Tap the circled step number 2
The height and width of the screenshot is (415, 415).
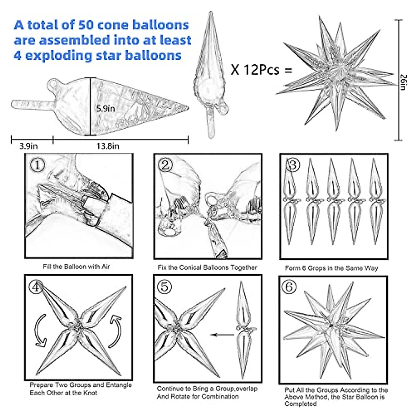click(x=165, y=165)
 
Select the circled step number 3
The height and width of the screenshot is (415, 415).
click(x=292, y=165)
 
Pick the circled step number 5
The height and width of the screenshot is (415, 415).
click(x=165, y=287)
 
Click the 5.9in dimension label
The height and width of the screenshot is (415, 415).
click(x=105, y=108)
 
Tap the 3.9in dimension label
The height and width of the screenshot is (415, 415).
click(x=28, y=146)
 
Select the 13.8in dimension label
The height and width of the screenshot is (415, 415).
click(x=108, y=146)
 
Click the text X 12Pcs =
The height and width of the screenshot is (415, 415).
click(x=261, y=70)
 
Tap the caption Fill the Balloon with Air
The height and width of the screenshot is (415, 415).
click(x=76, y=267)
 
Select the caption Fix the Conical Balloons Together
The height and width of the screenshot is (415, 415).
click(x=207, y=267)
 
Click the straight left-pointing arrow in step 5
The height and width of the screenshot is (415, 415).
click(x=222, y=334)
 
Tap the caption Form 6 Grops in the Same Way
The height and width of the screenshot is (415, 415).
click(x=331, y=268)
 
